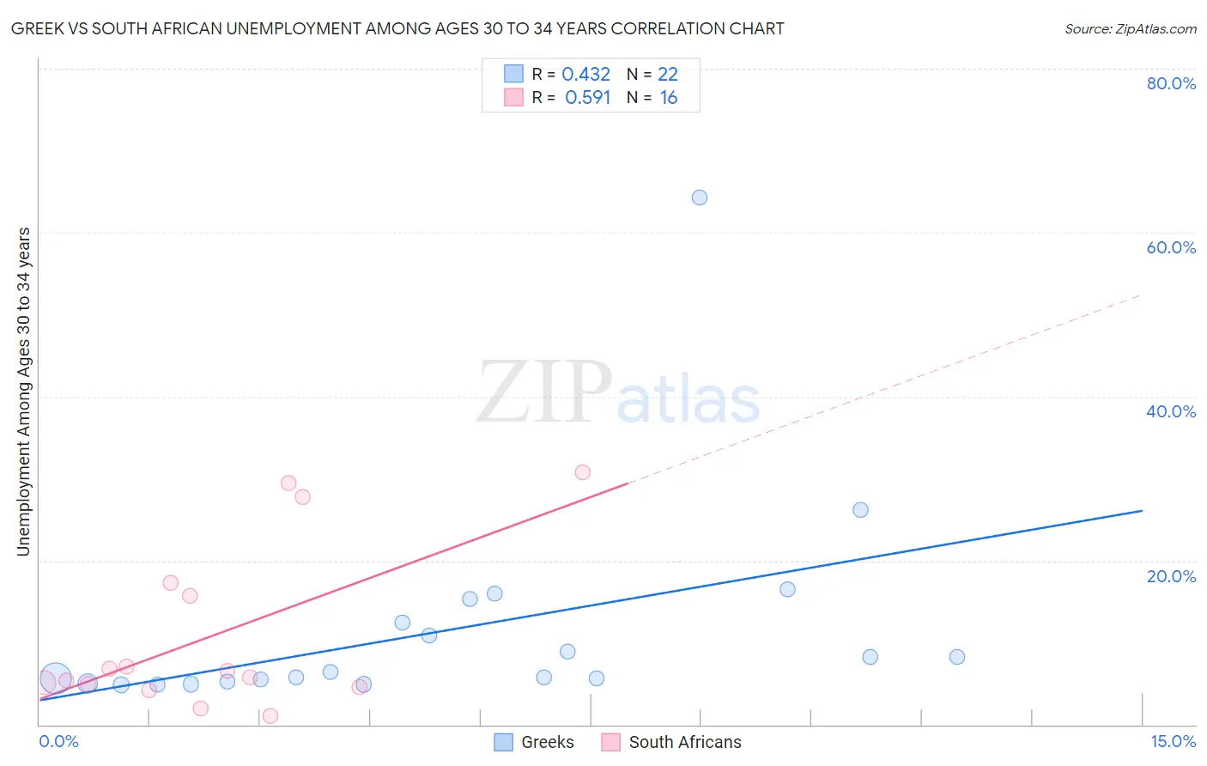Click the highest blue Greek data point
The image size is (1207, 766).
coord(700,198)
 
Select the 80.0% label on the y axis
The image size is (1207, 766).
coord(1171,83)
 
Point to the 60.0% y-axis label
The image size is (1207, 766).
coord(1171,247)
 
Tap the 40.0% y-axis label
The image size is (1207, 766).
coord(1171,411)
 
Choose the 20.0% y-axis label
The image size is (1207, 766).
coord(1171,576)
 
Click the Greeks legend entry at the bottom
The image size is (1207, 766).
coord(547,742)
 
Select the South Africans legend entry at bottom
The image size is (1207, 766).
coord(684,742)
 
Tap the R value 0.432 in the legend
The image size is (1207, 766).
coord(585,75)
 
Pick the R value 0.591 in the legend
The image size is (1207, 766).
coord(587,98)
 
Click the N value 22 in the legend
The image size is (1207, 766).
coord(668,75)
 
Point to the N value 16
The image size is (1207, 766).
coord(669,98)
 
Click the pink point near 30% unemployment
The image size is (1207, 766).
coord(583,472)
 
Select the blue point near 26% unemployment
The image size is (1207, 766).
coord(860,510)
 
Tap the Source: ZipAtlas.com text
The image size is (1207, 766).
coord(1130,29)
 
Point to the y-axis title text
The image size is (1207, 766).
coord(24,392)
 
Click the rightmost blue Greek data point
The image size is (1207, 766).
coord(957,657)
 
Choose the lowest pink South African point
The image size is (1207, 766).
coord(270,716)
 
